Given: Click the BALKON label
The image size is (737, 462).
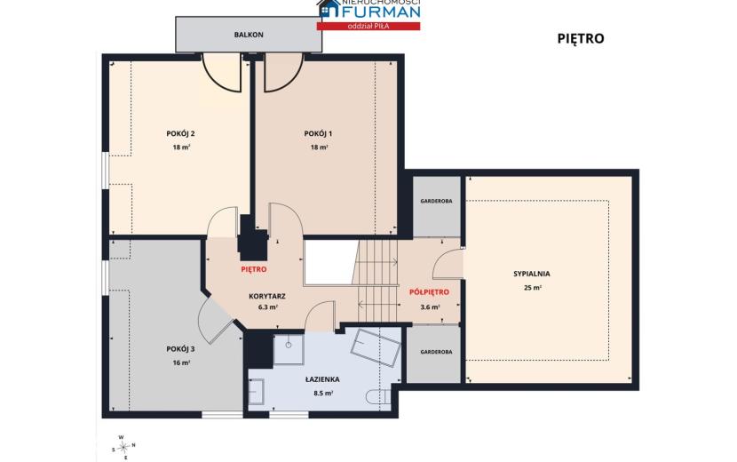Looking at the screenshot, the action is tap(249, 35).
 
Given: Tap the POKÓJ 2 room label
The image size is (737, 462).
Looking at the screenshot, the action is tap(180, 133).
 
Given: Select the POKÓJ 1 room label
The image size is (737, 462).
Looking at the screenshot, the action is tap(318, 133).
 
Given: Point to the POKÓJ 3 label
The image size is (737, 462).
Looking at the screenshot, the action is tap(180, 349).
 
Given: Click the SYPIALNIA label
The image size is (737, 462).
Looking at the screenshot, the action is tap(532, 274).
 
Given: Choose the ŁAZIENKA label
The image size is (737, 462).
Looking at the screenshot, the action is tap(322, 379).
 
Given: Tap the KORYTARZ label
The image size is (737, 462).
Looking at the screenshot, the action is tap(267, 297).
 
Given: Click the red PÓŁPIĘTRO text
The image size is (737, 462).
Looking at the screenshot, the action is tap(429, 292).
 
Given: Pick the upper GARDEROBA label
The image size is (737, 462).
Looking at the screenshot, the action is tap(436, 201).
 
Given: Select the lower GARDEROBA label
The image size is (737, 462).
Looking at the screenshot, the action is tap(436, 352).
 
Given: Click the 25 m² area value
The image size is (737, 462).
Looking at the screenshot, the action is tap(533, 288).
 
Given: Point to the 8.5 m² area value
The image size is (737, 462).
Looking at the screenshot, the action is tap(323, 394).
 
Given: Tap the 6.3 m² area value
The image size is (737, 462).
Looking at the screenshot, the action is tap(267, 307).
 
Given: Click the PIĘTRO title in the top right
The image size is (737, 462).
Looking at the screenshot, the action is tap(581, 38).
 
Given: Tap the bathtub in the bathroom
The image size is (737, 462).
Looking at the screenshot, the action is tap(376, 347).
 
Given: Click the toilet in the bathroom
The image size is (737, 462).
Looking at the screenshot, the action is tap(377, 397).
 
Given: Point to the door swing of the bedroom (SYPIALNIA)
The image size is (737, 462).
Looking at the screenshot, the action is tap(448, 264).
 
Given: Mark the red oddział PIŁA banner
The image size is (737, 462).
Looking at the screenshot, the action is tap(368, 26).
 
